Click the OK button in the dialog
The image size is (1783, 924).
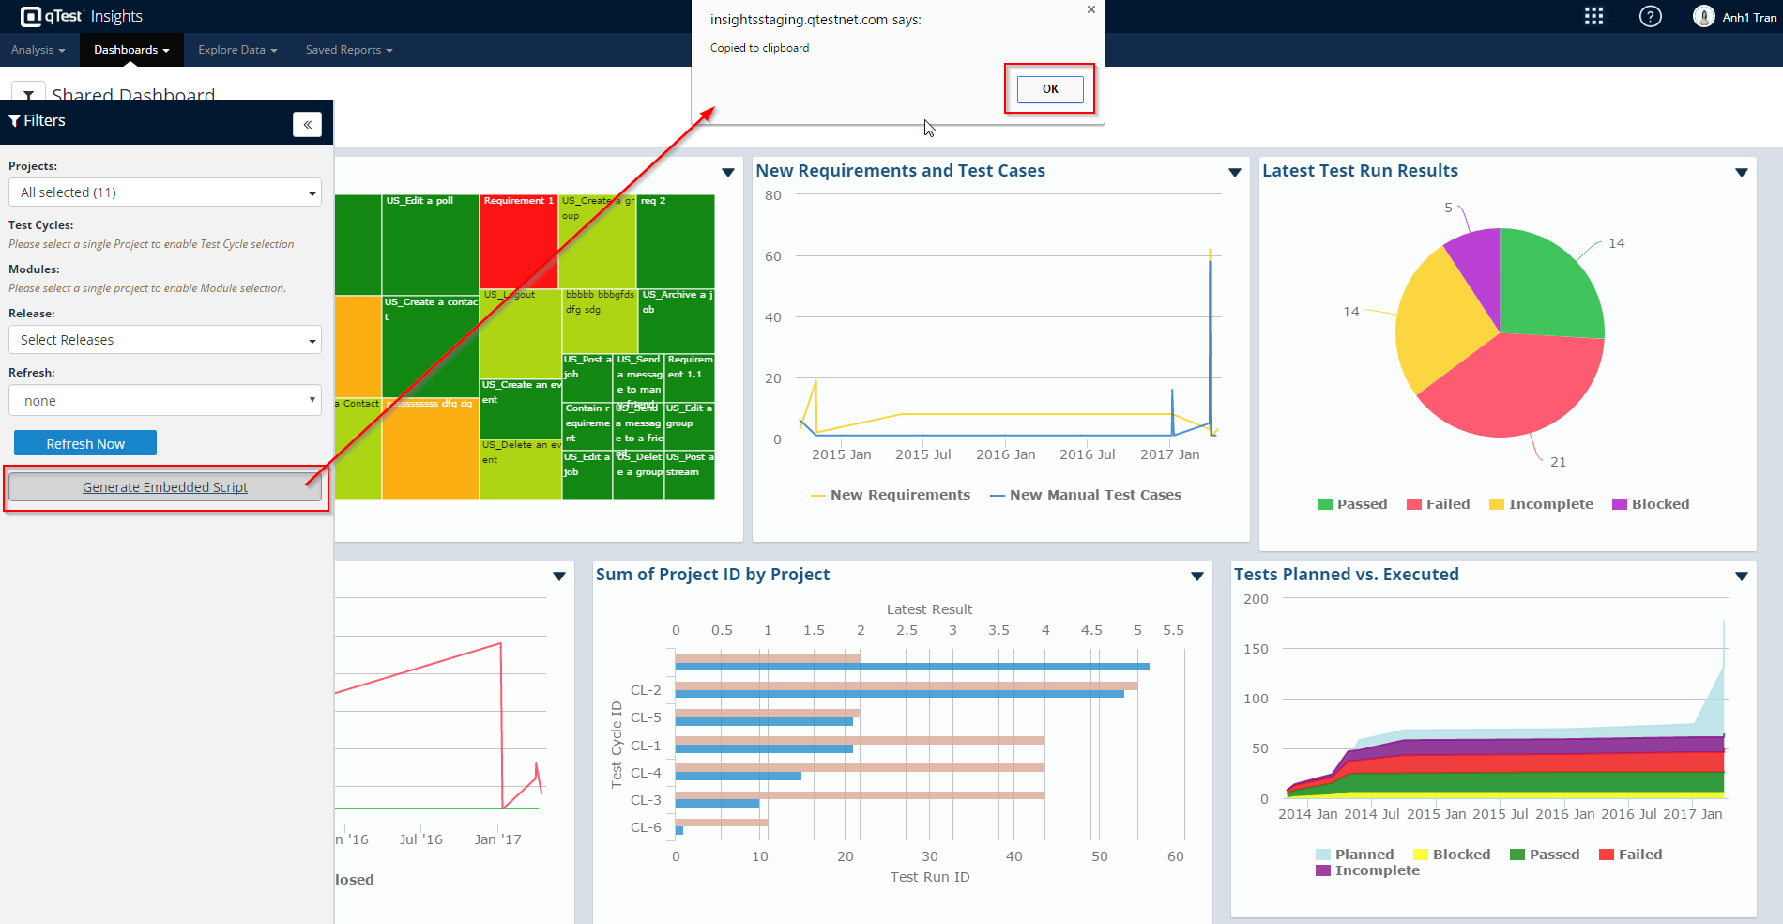click(1050, 89)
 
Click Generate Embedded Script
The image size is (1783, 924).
click(165, 487)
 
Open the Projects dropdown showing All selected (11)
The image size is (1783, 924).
click(165, 192)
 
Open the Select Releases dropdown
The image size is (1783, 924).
click(165, 340)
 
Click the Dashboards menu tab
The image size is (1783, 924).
click(131, 50)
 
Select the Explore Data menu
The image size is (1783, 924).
click(237, 50)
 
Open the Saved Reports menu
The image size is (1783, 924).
click(348, 50)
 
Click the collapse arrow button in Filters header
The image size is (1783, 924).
click(307, 124)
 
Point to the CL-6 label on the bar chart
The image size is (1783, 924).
click(646, 827)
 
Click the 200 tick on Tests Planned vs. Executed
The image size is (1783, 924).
click(1256, 599)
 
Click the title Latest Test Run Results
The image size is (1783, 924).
click(1360, 171)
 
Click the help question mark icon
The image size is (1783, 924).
click(1650, 17)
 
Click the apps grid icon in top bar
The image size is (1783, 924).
click(1593, 17)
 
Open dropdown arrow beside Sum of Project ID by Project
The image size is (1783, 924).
click(1197, 576)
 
